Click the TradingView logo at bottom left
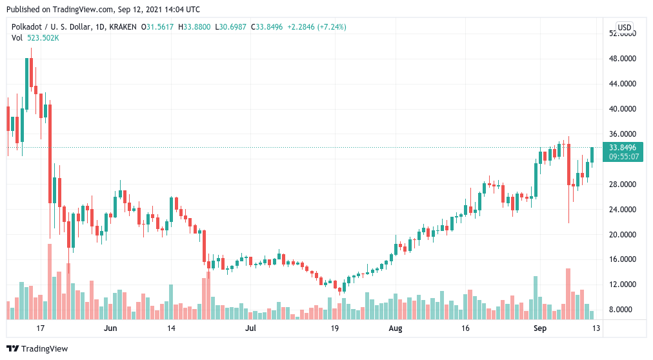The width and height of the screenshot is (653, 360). point(37,348)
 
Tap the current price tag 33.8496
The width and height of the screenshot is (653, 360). point(623,148)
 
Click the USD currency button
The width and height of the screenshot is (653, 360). point(624,28)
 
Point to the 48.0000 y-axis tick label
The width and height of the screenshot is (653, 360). point(623,59)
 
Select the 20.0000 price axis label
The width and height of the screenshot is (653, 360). point(623,235)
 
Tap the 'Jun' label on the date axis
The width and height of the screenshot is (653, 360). point(110,328)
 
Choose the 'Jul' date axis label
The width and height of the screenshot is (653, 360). point(250,328)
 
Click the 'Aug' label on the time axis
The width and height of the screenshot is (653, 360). point(395,328)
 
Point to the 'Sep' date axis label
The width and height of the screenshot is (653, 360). point(539,328)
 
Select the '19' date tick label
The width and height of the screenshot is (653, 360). point(334,328)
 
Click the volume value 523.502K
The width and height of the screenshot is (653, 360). point(43,38)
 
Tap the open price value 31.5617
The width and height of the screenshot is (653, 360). point(160,27)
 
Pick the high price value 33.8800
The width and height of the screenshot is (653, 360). point(197,27)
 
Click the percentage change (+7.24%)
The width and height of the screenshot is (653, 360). point(332,27)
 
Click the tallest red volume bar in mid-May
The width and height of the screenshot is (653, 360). point(50,282)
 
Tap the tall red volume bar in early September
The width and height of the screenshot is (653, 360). point(568,294)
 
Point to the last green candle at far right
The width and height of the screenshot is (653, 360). point(592,155)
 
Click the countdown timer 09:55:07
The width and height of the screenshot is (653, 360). point(623,157)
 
